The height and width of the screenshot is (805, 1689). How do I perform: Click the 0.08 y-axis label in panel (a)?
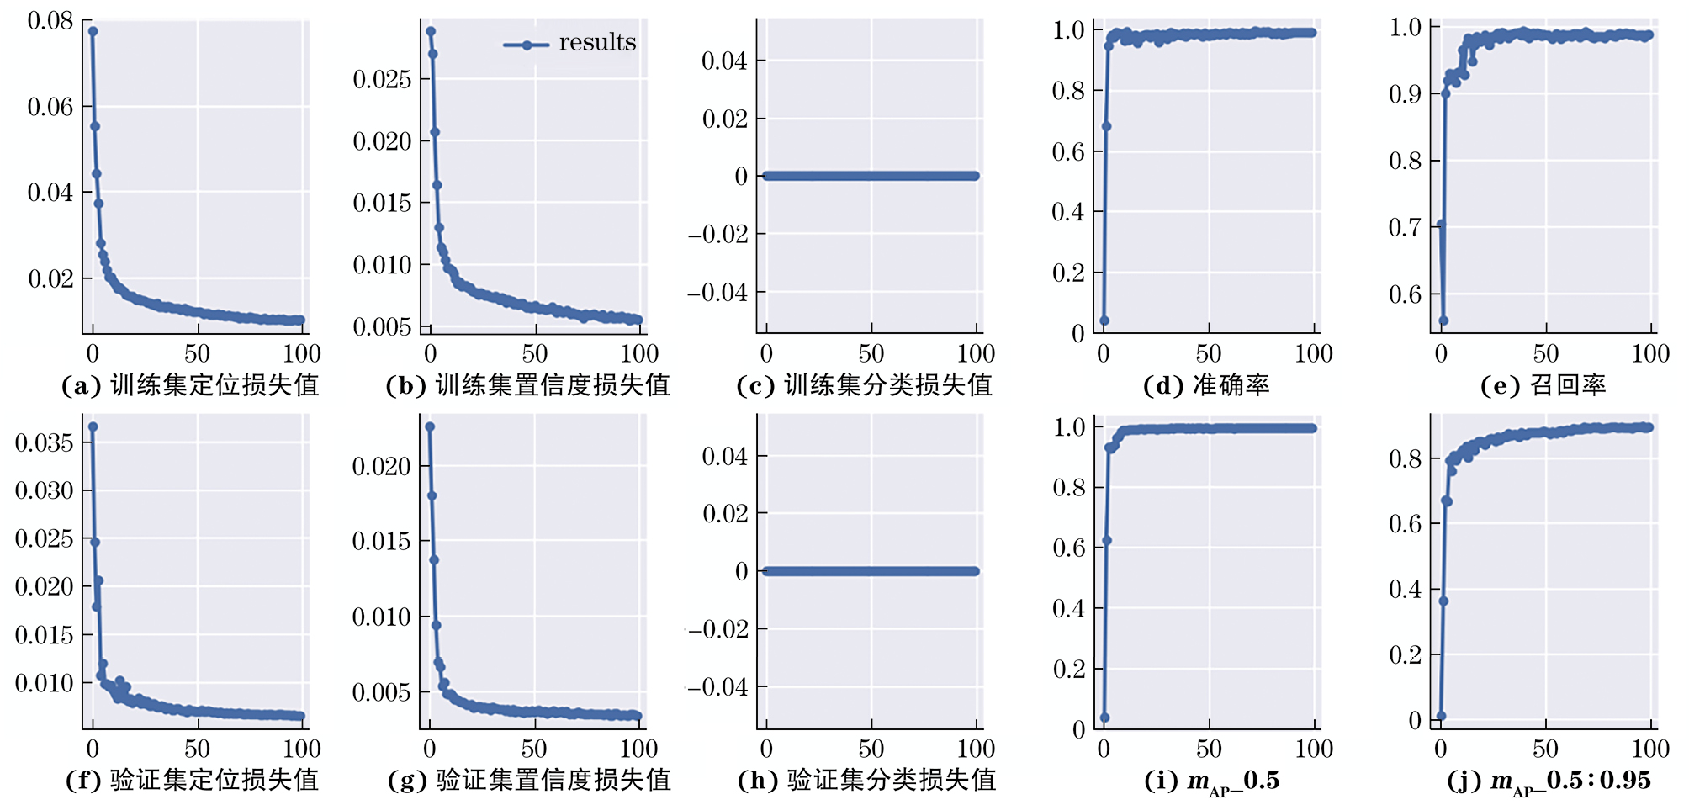click(x=50, y=21)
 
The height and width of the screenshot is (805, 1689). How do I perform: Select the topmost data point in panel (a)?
click(x=93, y=31)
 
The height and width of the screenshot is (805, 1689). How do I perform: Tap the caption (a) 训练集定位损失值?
click(x=190, y=385)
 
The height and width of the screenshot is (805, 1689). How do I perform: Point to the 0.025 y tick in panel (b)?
click(x=382, y=80)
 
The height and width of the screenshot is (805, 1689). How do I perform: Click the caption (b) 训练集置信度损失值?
click(x=527, y=385)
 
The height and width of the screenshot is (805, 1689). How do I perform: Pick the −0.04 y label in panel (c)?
click(x=717, y=293)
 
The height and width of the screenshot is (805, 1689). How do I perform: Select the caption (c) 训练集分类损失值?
click(x=864, y=385)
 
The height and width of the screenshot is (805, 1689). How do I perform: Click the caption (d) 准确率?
click(x=1206, y=385)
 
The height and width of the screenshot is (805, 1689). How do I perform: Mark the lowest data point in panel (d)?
click(x=1104, y=320)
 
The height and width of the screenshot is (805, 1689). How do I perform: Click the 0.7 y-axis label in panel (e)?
click(x=1405, y=227)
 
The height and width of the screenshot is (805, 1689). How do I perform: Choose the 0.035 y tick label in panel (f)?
click(x=45, y=442)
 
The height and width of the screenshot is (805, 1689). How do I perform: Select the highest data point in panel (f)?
click(x=93, y=426)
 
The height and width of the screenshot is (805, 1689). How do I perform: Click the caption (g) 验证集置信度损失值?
click(x=529, y=781)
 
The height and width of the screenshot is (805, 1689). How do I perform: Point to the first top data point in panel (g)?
click(x=430, y=426)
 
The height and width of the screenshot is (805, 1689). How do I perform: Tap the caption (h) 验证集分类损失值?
click(x=866, y=781)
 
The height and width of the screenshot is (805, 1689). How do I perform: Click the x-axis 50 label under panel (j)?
click(x=1545, y=749)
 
